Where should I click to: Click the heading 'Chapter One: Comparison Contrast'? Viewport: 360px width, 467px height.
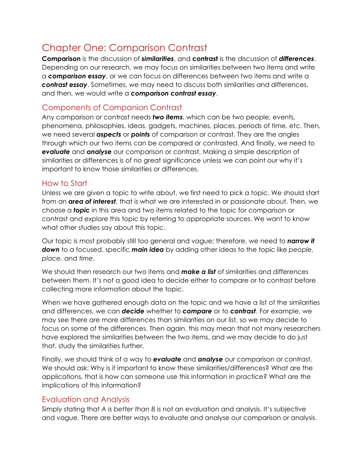124,48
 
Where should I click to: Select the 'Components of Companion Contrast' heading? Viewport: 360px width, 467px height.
112,107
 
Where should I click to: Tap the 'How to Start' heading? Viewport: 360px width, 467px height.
65,183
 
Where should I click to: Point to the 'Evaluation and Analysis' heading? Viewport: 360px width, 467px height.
86,399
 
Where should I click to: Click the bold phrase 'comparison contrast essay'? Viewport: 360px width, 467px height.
173,93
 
